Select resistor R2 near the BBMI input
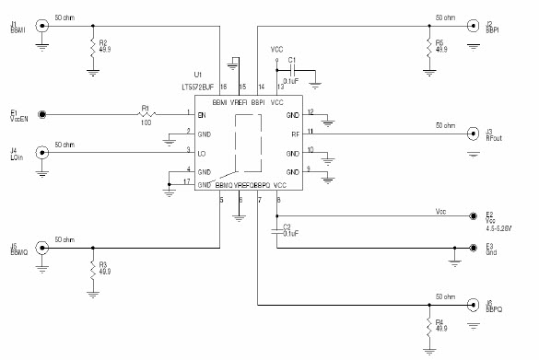coord(93,46)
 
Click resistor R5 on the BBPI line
coord(428,46)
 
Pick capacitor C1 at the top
coord(292,70)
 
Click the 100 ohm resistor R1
coord(145,115)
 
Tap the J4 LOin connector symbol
coord(42,152)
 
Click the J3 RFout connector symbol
coord(471,134)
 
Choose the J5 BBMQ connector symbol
coord(42,248)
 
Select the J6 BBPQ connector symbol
coord(471,305)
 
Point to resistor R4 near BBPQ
coord(428,325)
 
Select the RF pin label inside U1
coord(295,134)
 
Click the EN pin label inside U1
coord(203,115)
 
